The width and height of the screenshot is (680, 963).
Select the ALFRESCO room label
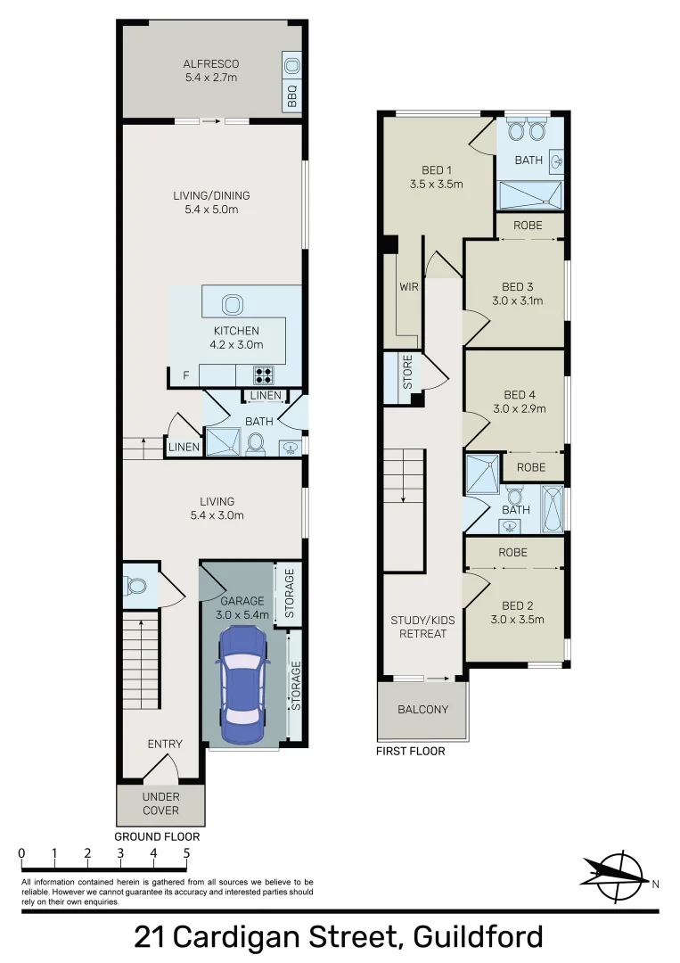[x=210, y=64]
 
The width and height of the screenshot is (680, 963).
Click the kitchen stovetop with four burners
[x=264, y=374]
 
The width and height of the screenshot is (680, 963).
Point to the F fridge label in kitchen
[x=185, y=375]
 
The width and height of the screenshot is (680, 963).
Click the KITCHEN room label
[x=235, y=331]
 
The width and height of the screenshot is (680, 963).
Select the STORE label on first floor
[x=407, y=373]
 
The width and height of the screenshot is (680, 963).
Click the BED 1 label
[x=437, y=170]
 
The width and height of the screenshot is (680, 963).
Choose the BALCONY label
[x=422, y=710]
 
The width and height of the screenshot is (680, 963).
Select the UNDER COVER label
[x=160, y=803]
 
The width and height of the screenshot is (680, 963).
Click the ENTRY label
[x=165, y=744]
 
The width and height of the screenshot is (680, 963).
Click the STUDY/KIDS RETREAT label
[x=418, y=627]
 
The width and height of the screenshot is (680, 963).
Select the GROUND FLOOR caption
[x=157, y=837]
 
